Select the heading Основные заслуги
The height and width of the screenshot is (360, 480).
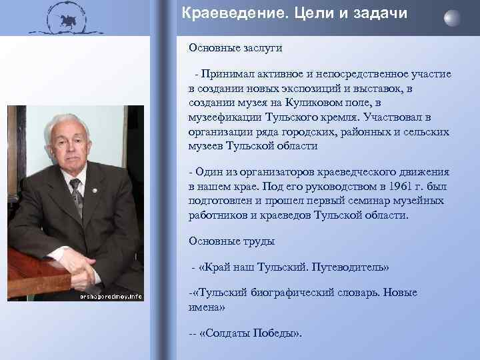[x=226, y=47]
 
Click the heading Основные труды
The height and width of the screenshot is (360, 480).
[x=222, y=241]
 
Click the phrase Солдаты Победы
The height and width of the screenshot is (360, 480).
[x=249, y=333]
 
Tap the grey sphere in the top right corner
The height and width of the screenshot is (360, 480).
[x=452, y=17]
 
